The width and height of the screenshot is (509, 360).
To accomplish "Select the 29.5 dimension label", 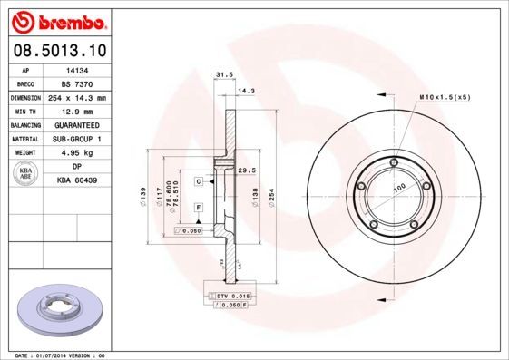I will tap(244, 170).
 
